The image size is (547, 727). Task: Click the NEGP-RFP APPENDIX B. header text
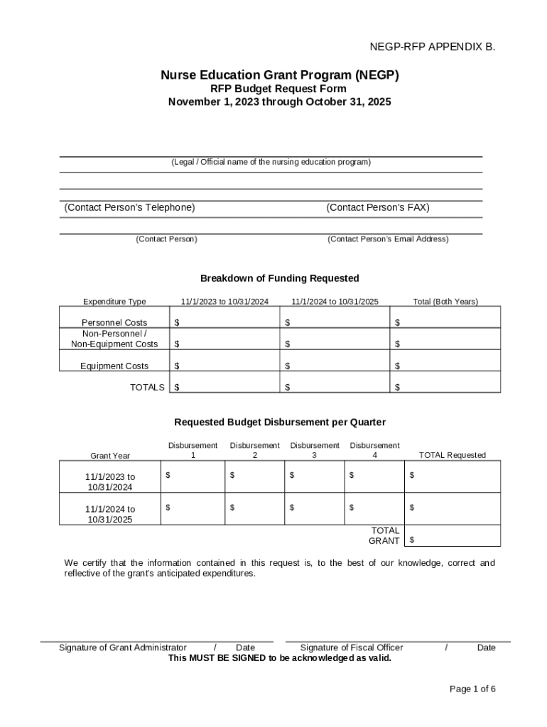[432, 48]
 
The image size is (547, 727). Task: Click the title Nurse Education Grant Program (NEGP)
[279, 75]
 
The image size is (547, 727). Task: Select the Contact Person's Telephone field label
[129, 207]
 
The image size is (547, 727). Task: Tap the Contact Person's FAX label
[377, 207]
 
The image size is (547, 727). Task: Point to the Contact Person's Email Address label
[388, 239]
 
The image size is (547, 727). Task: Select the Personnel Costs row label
[114, 322]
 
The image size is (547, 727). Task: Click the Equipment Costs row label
[114, 366]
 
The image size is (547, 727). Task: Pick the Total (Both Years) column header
[445, 302]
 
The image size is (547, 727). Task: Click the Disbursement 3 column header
[315, 450]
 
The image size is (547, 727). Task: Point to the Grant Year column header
[110, 455]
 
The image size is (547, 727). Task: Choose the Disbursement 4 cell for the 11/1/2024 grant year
[374, 508]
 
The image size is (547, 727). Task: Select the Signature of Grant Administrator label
[123, 647]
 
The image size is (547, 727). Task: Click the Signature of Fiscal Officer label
[352, 647]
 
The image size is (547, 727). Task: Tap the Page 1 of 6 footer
[472, 689]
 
